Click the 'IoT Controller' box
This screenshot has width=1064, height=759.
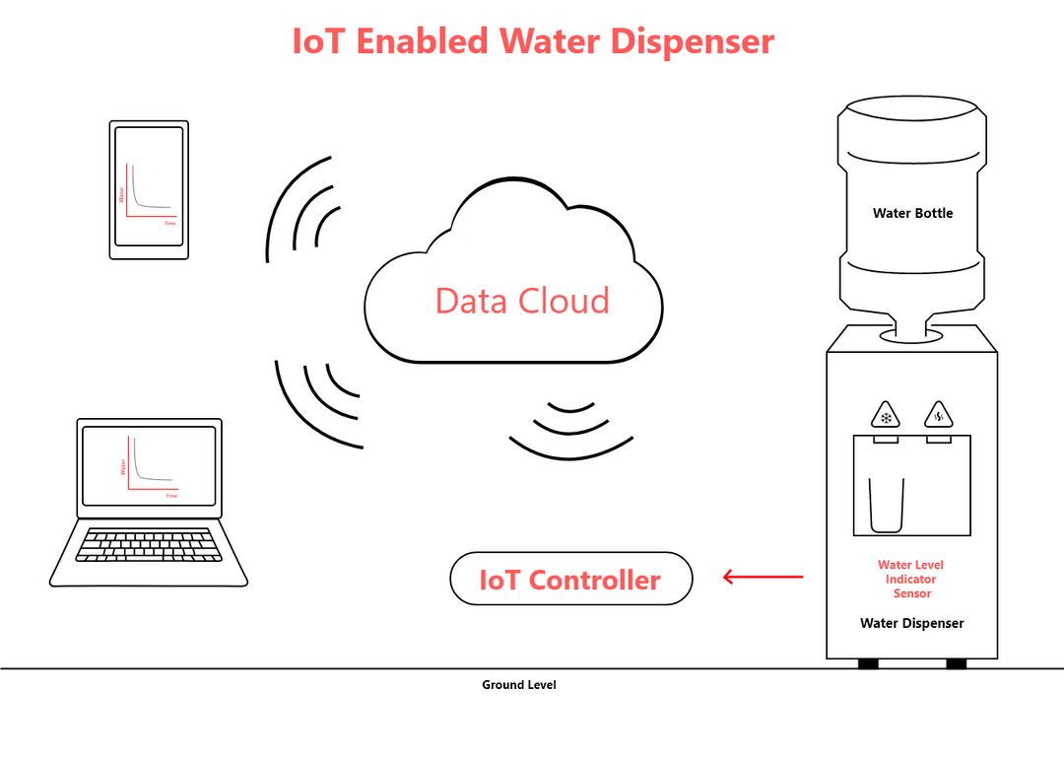pyautogui.click(x=571, y=579)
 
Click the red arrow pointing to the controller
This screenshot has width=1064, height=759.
pyautogui.click(x=764, y=577)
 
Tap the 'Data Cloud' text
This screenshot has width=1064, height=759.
pyautogui.click(x=522, y=301)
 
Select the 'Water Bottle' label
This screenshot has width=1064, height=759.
pyautogui.click(x=912, y=213)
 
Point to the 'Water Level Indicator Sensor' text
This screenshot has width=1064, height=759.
pyautogui.click(x=911, y=579)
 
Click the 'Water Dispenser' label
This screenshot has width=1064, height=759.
pyautogui.click(x=911, y=623)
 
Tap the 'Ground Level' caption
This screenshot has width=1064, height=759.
pyautogui.click(x=518, y=684)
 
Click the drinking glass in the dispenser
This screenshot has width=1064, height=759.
pyautogui.click(x=886, y=504)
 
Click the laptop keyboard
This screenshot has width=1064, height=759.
pyautogui.click(x=148, y=545)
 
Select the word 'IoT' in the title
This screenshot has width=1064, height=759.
pyautogui.click(x=320, y=41)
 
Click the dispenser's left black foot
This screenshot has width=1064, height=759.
pyautogui.click(x=868, y=663)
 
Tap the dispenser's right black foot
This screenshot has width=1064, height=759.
pyautogui.click(x=956, y=663)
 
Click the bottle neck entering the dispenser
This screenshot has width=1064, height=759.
pyautogui.click(x=911, y=326)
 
